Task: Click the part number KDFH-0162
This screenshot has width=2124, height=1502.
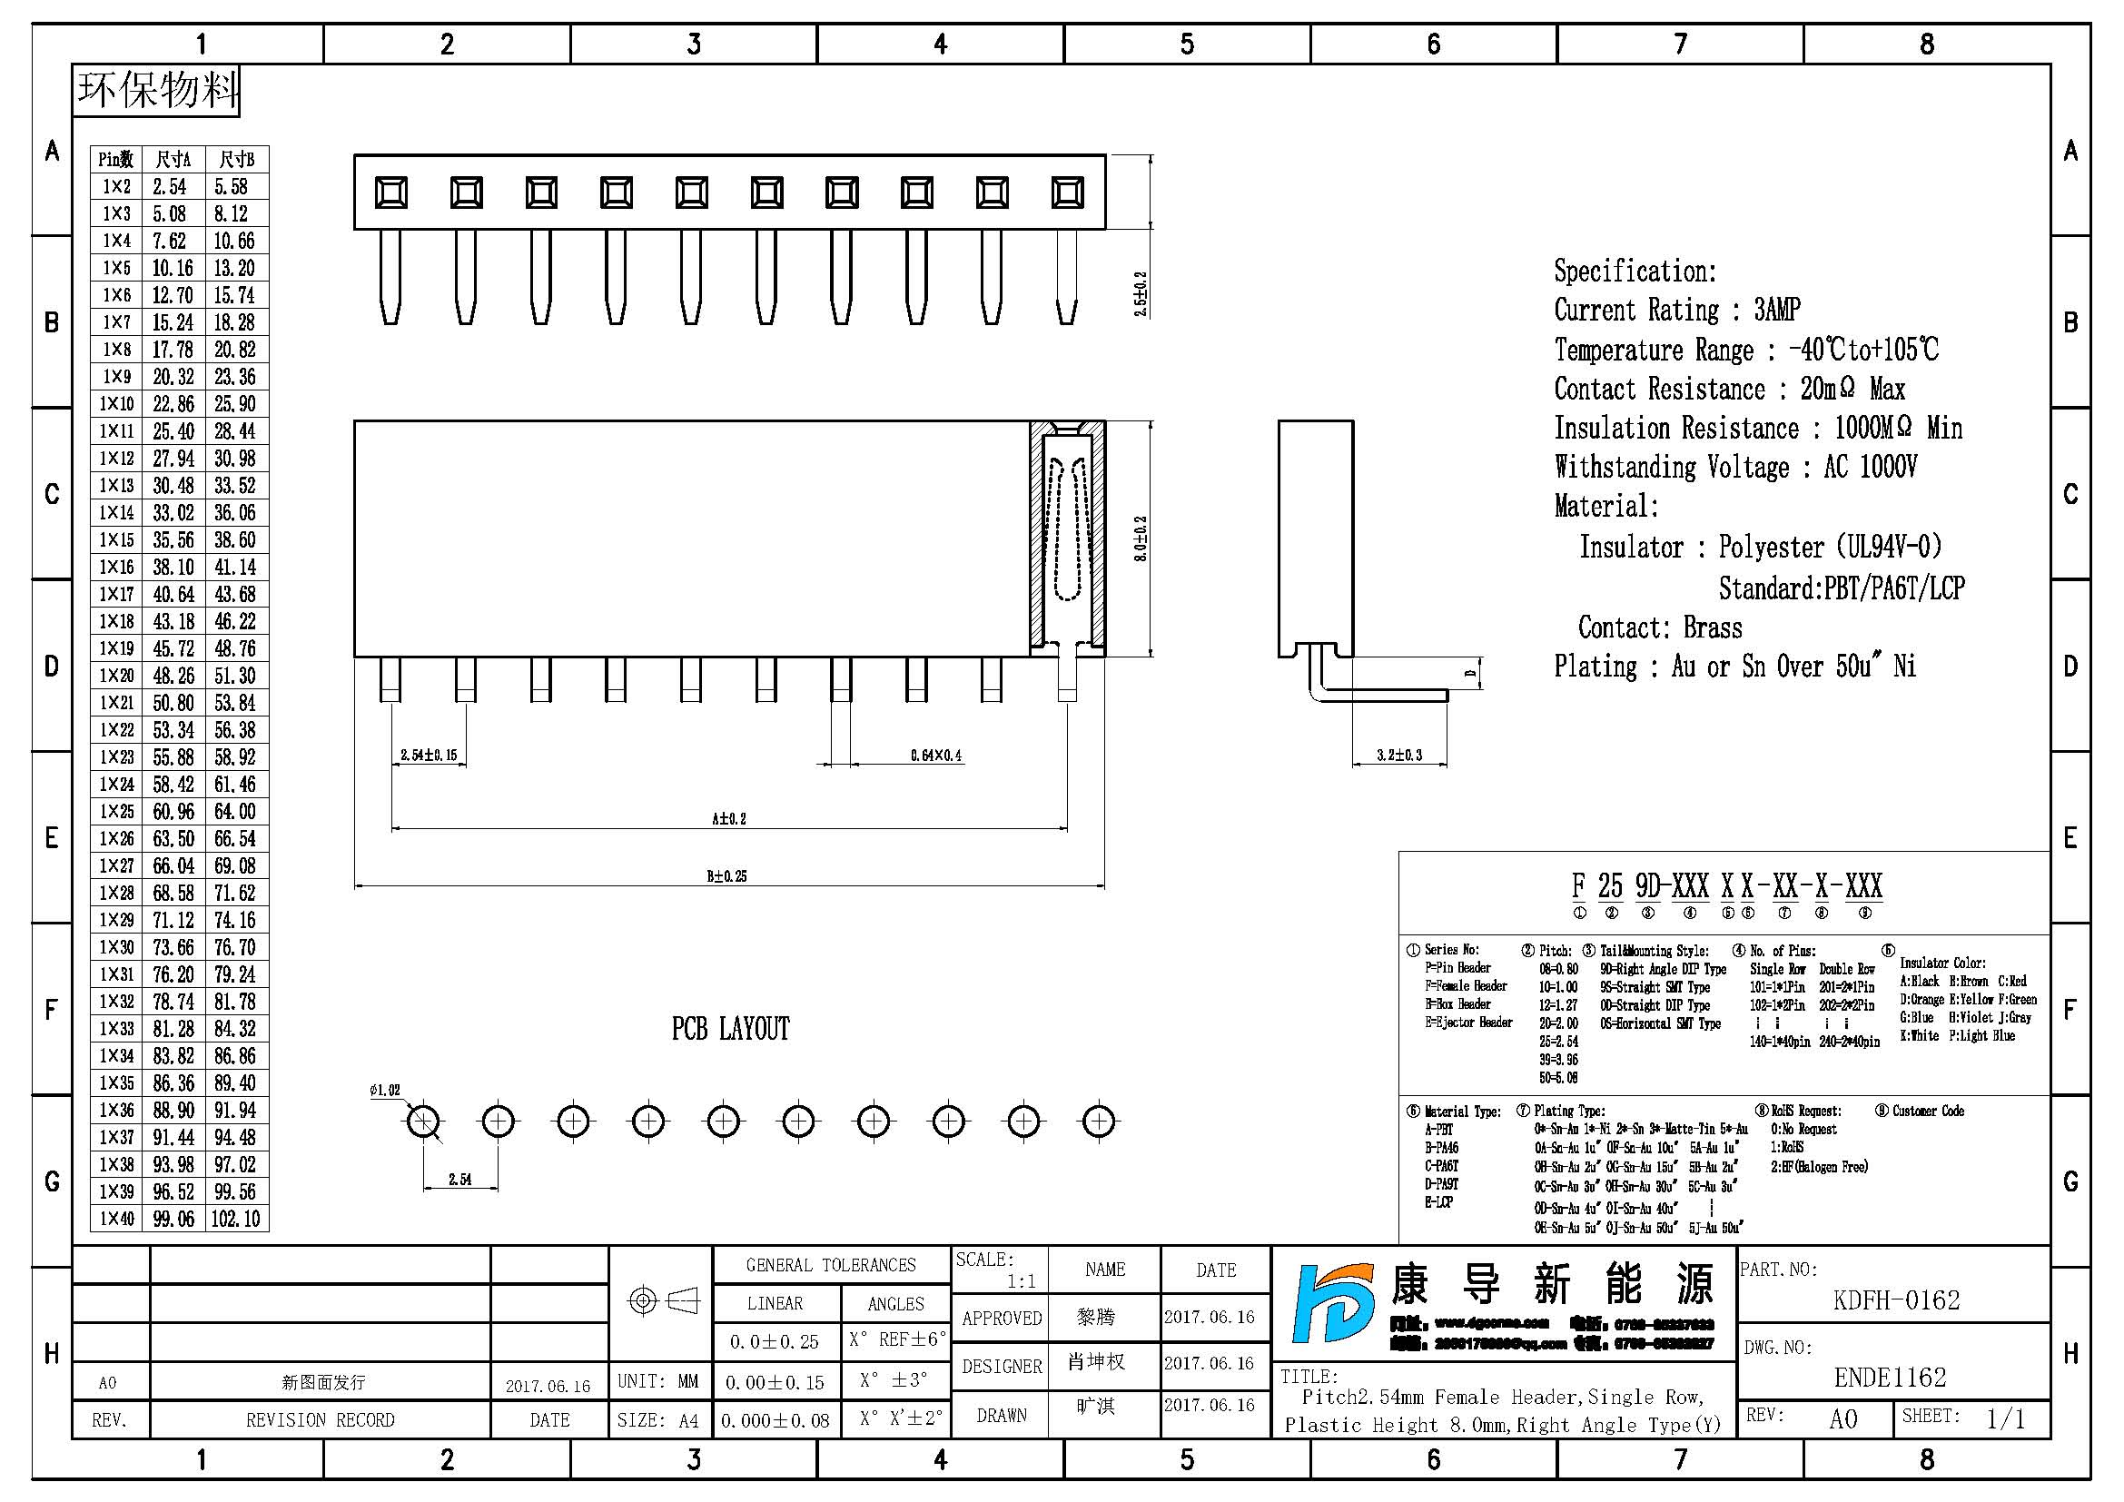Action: [x=1895, y=1300]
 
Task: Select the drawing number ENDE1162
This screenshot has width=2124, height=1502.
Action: [x=1890, y=1378]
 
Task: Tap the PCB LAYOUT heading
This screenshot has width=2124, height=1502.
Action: [x=730, y=1029]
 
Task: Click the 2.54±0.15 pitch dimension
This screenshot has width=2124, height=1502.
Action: [x=429, y=755]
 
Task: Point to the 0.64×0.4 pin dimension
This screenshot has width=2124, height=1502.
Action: [x=935, y=756]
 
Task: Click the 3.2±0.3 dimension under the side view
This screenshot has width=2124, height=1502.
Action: [x=1398, y=755]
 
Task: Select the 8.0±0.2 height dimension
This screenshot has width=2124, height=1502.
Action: [x=1141, y=539]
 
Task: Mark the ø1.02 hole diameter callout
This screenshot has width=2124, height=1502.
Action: [x=385, y=1091]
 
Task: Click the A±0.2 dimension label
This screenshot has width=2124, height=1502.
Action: [x=729, y=818]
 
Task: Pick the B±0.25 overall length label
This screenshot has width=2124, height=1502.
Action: [x=727, y=875]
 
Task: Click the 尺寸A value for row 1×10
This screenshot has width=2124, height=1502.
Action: [x=174, y=404]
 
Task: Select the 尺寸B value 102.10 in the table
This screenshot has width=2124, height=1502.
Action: [x=236, y=1219]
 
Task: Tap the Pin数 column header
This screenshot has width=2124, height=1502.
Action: [x=116, y=160]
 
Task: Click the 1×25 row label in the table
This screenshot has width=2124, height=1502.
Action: [x=116, y=812]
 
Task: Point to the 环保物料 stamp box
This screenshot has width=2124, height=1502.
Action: [x=156, y=91]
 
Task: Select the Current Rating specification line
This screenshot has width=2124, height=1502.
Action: [x=1676, y=310]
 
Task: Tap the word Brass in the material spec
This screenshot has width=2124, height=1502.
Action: [x=1713, y=628]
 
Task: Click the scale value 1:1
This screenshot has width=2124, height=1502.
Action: [x=1022, y=1281]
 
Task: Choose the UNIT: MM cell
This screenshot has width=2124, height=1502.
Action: [x=657, y=1382]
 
